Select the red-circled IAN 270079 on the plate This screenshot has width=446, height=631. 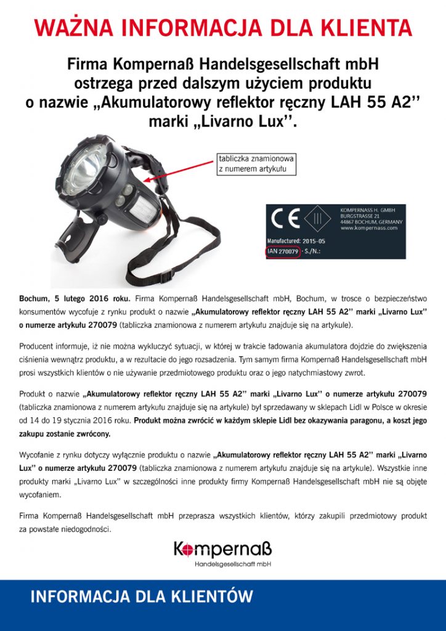(283, 251)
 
